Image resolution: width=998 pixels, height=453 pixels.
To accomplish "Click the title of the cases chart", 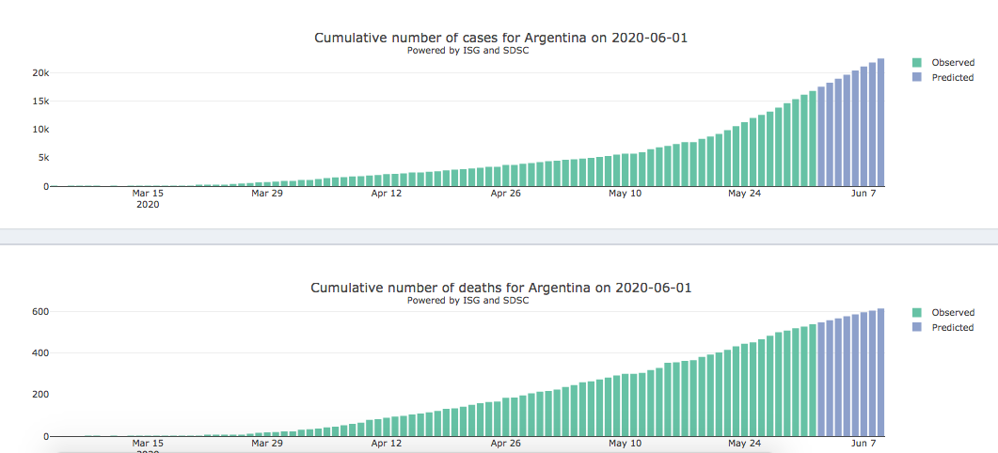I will pyautogui.click(x=508, y=38).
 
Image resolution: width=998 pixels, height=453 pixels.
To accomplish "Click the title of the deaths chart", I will pyautogui.click(x=501, y=288).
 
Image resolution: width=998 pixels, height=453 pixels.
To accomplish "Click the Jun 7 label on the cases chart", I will pyautogui.click(x=863, y=194).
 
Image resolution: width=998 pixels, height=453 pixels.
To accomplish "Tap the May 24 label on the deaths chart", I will pyautogui.click(x=744, y=443).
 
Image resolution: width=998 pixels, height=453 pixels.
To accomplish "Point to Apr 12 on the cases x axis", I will pyautogui.click(x=387, y=194).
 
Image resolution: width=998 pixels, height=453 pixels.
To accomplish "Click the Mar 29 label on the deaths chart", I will pyautogui.click(x=267, y=443).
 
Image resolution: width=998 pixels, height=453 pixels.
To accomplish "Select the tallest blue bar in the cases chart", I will pyautogui.click(x=881, y=122).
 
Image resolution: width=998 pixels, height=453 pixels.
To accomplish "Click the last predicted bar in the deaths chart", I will pyautogui.click(x=881, y=372).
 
